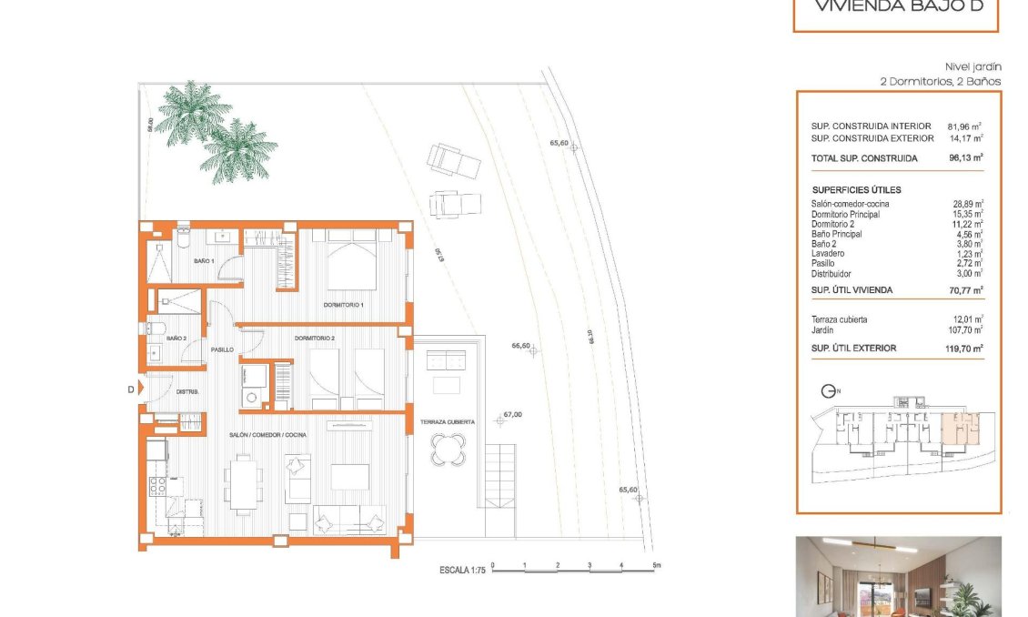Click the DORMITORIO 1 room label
[x=344, y=304]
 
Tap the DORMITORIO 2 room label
[x=315, y=339]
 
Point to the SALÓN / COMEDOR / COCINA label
[x=267, y=435]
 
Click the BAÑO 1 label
[x=204, y=261]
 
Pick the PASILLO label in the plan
[x=222, y=349]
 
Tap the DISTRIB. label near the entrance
[x=187, y=391]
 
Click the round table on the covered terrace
[x=448, y=448]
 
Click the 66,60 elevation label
[x=520, y=346]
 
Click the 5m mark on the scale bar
[x=657, y=566]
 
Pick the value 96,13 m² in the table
[x=966, y=157]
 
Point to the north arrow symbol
[x=829, y=392]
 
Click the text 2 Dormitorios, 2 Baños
[x=941, y=81]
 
